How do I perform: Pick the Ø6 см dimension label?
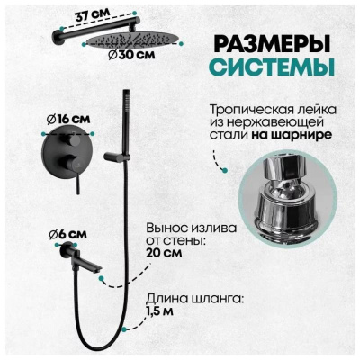click(62, 235)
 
